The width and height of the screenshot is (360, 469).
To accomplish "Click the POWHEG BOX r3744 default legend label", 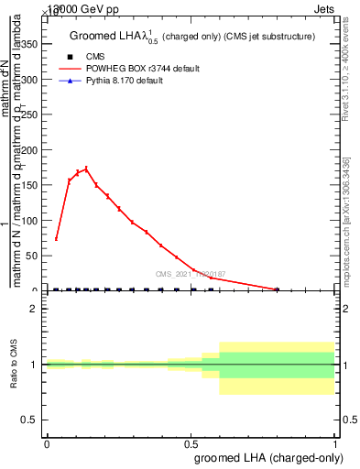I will coord(142,69).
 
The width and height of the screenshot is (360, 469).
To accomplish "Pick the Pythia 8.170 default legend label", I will coord(125,82).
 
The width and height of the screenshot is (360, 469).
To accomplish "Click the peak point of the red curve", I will coord(86,169).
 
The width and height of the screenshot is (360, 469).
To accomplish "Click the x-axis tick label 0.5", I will coord(191,443).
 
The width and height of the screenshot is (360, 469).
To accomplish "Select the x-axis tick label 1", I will coord(335,443).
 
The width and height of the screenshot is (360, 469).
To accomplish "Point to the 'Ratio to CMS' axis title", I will coord(14,364).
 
